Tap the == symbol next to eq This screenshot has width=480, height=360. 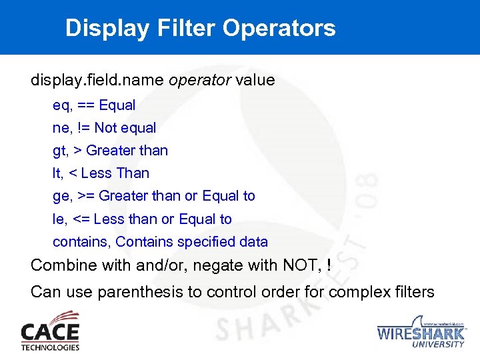[85, 105]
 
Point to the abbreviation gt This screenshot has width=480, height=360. [59, 151]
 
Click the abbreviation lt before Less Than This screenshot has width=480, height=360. [57, 173]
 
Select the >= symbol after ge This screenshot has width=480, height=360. [85, 196]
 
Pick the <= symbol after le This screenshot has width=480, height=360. [82, 219]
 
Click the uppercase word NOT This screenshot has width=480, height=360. [302, 265]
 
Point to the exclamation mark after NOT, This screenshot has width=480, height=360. [329, 265]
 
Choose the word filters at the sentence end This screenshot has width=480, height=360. [413, 292]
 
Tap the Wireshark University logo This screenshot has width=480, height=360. [421, 333]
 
